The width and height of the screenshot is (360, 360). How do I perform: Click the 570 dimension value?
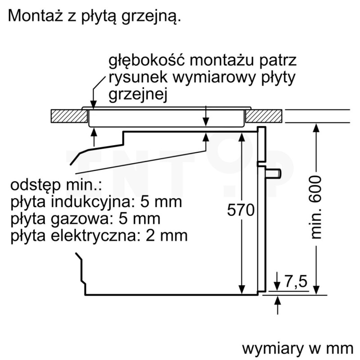241,210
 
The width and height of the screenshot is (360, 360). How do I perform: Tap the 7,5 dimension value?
296,281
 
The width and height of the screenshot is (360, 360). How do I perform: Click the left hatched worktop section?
69,116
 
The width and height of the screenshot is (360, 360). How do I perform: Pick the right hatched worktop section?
264,116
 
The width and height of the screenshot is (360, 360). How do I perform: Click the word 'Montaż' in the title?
36,16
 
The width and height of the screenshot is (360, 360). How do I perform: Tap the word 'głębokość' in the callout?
147,61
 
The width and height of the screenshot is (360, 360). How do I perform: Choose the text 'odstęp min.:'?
56,185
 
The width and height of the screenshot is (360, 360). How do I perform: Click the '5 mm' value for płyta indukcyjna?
161,202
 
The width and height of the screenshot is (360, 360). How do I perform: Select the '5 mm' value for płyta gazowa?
139,219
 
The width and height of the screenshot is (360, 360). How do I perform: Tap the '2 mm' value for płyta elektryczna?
166,235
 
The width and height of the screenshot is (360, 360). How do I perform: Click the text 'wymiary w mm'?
298,349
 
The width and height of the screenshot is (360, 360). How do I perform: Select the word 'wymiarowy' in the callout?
214,78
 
